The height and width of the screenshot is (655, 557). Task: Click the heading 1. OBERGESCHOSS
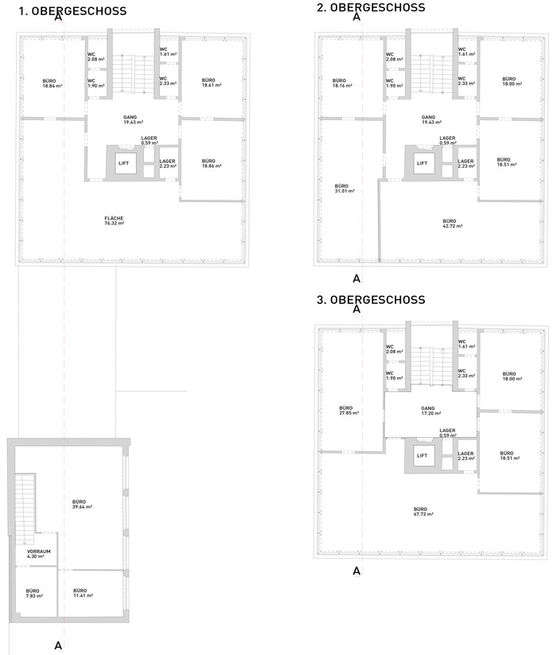72,11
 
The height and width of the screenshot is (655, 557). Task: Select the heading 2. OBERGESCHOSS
371,7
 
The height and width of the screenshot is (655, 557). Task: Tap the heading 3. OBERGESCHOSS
371,300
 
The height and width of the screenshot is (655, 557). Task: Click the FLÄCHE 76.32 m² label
115,220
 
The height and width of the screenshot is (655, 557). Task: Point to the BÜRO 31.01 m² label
345,189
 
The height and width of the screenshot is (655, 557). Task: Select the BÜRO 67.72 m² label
423,512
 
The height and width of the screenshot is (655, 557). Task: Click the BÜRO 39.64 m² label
82,505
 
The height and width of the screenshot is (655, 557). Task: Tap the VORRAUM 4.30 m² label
38,554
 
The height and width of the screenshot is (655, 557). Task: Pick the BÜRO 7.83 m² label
34,593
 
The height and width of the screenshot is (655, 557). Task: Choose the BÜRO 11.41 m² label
83,593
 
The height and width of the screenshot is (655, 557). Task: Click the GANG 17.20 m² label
431,411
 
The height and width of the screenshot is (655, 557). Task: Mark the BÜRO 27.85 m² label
349,410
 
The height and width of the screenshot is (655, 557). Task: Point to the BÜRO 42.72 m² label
452,224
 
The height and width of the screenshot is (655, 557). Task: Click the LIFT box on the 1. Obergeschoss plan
123,163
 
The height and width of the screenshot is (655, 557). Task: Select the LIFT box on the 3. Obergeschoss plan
423,455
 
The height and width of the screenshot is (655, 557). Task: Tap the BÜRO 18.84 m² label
53,84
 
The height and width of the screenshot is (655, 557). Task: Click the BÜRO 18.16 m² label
342,83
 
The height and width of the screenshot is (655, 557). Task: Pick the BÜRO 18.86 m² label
212,163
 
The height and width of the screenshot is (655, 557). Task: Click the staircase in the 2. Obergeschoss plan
431,74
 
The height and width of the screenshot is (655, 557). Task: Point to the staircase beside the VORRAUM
25,509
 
